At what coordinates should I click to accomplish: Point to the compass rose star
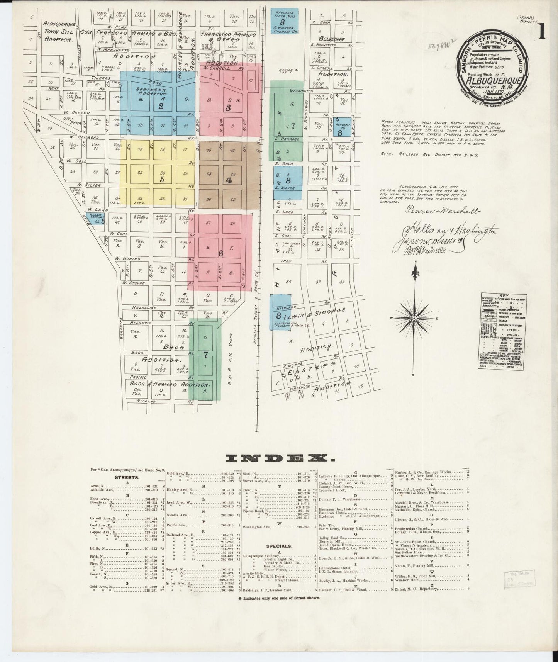pos(414,318)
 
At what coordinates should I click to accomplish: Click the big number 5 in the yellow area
pos(162,179)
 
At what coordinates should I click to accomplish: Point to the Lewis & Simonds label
pos(315,311)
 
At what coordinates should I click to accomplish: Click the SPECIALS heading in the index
pos(279,546)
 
